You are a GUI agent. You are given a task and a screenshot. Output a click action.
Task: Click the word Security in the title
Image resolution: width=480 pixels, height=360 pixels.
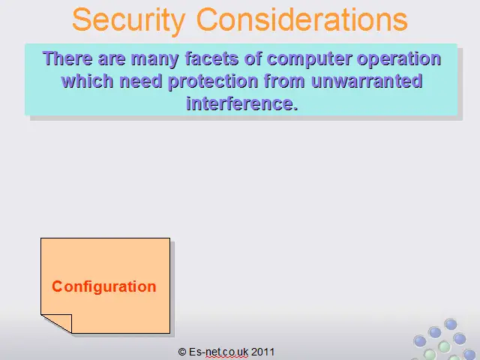point(129,21)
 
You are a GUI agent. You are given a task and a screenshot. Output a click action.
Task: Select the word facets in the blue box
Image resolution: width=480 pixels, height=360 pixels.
point(211,58)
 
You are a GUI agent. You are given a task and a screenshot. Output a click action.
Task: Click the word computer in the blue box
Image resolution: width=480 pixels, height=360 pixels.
point(310,59)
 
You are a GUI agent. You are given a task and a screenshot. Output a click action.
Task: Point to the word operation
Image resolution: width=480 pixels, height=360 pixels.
point(399,59)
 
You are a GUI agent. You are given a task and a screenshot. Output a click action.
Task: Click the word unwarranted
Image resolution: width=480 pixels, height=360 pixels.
point(367,81)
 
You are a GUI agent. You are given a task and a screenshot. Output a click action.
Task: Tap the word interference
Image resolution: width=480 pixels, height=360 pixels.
point(242,103)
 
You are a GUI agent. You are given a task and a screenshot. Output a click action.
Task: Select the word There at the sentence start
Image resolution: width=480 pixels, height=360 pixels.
point(67,58)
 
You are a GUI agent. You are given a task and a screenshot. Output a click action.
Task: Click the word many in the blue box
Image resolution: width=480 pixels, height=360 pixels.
point(155,59)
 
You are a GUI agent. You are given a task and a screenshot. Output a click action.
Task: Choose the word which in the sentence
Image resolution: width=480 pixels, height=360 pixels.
point(88,81)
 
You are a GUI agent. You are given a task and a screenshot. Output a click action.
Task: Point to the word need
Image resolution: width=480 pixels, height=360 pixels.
point(141,81)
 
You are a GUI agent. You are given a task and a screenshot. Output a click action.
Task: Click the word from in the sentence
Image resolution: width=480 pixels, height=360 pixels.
point(285,81)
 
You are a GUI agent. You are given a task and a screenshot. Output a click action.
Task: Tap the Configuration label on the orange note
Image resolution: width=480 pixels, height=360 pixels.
point(104,287)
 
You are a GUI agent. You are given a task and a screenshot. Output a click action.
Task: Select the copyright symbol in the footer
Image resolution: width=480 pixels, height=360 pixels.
point(182,352)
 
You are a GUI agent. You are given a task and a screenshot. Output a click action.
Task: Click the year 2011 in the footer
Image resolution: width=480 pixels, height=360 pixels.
point(262,352)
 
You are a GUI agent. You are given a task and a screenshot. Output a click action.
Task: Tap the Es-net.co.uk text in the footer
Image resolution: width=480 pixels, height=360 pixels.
point(218,352)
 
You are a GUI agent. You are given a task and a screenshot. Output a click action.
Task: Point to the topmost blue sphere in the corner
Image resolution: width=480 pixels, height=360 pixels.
point(451,324)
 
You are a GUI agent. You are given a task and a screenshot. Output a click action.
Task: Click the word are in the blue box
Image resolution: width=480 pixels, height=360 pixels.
point(112,59)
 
